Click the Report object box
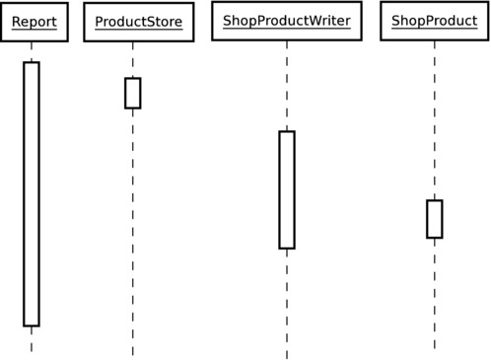[34, 22]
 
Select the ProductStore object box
[138, 22]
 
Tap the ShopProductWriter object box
[287, 21]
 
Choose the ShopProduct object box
[434, 21]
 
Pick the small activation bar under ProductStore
[132, 93]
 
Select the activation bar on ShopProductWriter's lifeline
[287, 189]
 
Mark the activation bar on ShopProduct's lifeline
[434, 219]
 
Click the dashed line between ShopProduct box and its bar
[434, 118]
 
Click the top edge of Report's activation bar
[32, 62]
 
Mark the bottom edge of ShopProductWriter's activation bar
[287, 248]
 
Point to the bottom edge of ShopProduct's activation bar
[434, 238]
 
